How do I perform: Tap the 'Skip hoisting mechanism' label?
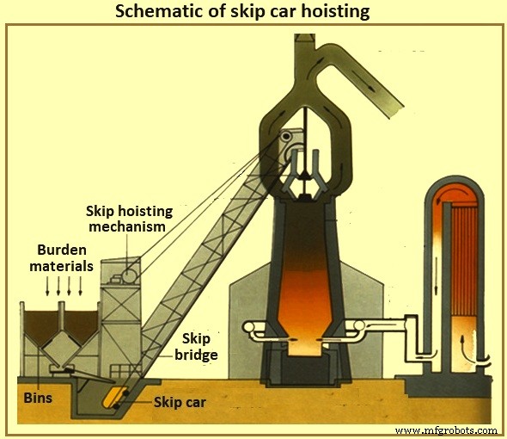point(129,219)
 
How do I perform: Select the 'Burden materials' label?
point(64,258)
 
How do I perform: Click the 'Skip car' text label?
point(181,401)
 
